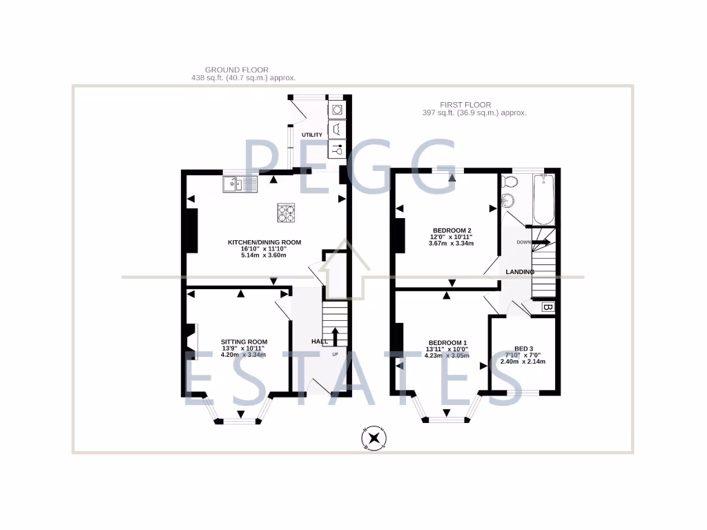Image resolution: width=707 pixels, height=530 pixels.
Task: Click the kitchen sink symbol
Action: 240,184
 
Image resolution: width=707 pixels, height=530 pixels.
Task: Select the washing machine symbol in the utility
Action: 336,110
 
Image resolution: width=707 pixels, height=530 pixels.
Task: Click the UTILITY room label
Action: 312,135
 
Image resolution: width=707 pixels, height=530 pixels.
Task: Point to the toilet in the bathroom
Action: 510,182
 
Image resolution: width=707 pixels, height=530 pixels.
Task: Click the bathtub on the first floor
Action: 544,199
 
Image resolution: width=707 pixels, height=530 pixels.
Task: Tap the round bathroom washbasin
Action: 507,202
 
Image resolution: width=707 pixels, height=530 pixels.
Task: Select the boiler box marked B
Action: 547,307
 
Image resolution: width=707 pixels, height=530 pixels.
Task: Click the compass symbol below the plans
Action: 374,438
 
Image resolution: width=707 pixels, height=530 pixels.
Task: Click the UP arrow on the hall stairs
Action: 336,337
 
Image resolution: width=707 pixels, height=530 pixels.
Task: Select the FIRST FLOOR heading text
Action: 474,104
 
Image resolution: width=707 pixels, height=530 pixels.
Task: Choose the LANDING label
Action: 520,272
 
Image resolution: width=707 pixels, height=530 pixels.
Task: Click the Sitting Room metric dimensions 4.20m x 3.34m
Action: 243,355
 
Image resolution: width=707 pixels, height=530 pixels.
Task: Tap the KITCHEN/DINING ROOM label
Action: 264,242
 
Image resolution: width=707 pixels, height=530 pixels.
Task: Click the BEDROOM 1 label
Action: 447,343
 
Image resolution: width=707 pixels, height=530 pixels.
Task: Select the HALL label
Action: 320,342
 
